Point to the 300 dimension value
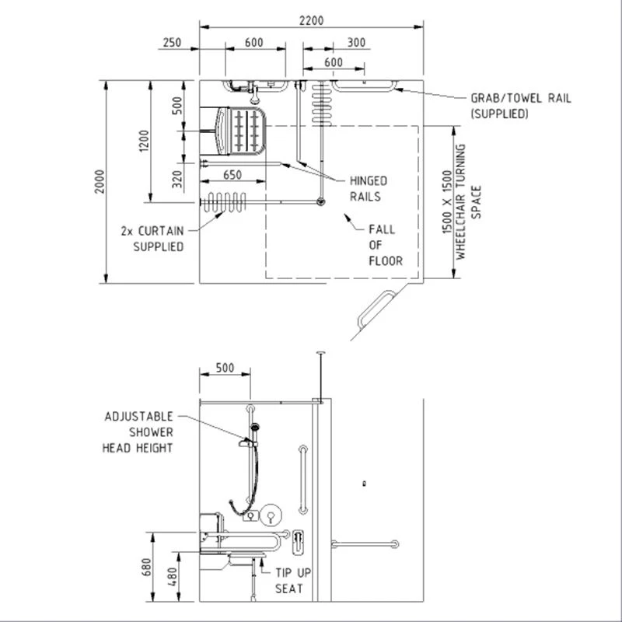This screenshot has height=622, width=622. (x=357, y=43)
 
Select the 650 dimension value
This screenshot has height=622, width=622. (x=232, y=176)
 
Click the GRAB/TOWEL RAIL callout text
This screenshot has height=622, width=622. (x=520, y=106)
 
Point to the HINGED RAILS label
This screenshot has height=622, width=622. (x=367, y=189)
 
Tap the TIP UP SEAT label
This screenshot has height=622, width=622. (x=294, y=581)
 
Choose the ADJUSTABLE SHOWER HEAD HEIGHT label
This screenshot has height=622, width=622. (x=138, y=432)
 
